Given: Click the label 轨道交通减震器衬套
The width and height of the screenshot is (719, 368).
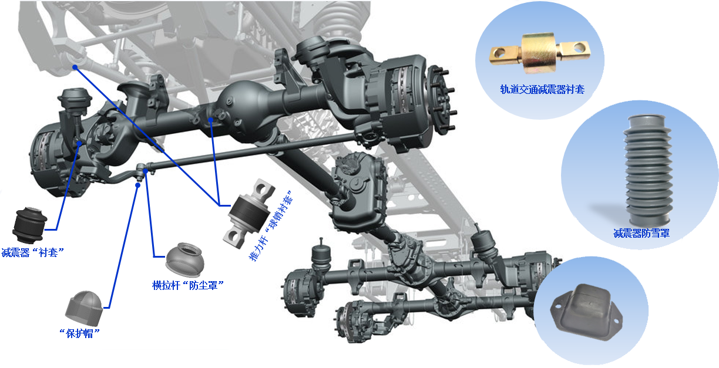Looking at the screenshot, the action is click(542, 89).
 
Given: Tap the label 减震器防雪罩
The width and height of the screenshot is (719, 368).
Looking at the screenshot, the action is click(641, 233).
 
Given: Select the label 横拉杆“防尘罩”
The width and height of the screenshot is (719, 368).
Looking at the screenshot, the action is click(188, 285).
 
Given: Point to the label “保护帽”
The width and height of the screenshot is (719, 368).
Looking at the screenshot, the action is click(80, 334).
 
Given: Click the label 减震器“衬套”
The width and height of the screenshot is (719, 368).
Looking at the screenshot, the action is click(33, 252).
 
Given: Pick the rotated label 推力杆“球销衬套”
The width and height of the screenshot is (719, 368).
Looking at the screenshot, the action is click(271, 225).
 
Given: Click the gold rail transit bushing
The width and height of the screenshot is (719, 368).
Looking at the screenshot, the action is click(540, 53).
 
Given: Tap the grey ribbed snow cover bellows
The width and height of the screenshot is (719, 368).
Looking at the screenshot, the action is click(648, 170).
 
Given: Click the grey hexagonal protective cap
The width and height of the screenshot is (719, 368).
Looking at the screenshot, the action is click(85, 308).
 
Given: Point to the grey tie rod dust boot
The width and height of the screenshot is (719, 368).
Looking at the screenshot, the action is click(185, 259).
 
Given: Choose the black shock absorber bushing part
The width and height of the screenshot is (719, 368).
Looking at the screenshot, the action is click(29, 225).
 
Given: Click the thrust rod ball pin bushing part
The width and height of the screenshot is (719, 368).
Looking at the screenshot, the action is click(249, 214).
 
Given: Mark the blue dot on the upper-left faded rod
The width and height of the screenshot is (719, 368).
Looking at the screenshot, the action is click(75, 67).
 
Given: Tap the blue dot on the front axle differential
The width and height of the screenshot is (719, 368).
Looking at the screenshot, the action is click(210, 120).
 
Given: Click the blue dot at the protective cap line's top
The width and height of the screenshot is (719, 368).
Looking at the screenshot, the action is click(137, 185).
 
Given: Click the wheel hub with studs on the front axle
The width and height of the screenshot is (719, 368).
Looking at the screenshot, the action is click(441, 99).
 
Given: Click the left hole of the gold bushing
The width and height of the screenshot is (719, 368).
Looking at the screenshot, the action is click(499, 52).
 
